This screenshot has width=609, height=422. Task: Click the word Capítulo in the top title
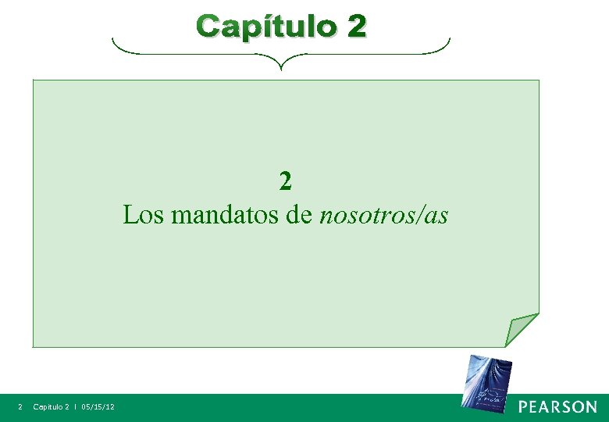(x=265, y=27)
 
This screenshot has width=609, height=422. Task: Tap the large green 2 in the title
(x=355, y=27)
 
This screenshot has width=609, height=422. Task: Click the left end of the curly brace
(x=114, y=41)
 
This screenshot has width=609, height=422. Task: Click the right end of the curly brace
(x=450, y=41)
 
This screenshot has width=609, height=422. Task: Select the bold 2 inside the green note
(x=286, y=181)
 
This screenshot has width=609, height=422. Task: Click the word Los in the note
(x=143, y=214)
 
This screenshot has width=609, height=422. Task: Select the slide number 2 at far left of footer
(x=20, y=407)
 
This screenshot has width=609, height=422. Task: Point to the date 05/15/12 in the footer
(x=98, y=407)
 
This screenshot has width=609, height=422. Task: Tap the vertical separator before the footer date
(x=76, y=407)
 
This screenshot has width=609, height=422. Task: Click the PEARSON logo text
(x=558, y=407)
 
